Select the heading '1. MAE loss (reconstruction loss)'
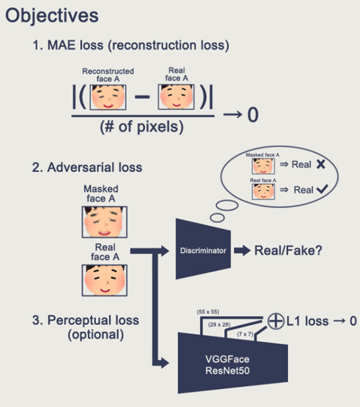132,46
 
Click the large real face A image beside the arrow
100,281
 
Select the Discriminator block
201,251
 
